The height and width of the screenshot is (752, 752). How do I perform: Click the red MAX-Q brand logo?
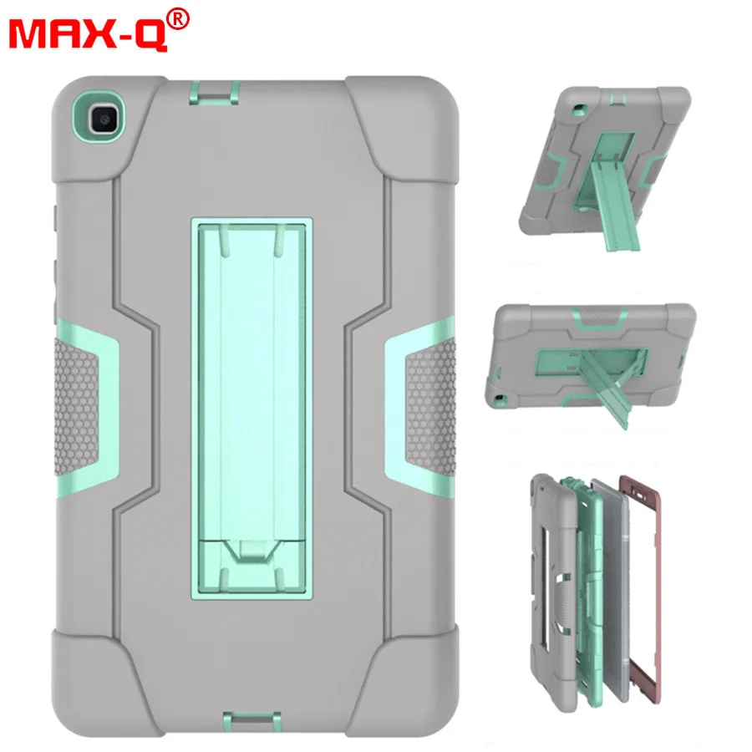point(88,34)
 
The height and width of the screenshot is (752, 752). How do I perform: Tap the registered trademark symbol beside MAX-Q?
point(179,20)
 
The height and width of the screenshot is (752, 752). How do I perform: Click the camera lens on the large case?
point(104,119)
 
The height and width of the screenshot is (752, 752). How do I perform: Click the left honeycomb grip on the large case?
point(78,406)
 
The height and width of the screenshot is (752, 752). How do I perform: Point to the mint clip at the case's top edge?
point(214,93)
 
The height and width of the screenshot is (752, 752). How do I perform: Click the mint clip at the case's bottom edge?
point(251,725)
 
